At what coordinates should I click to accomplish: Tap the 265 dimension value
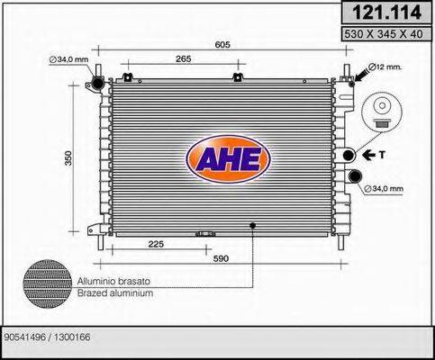click(x=186, y=58)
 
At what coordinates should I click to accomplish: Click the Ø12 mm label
click(x=388, y=67)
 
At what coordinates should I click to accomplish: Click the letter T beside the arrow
click(x=381, y=154)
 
